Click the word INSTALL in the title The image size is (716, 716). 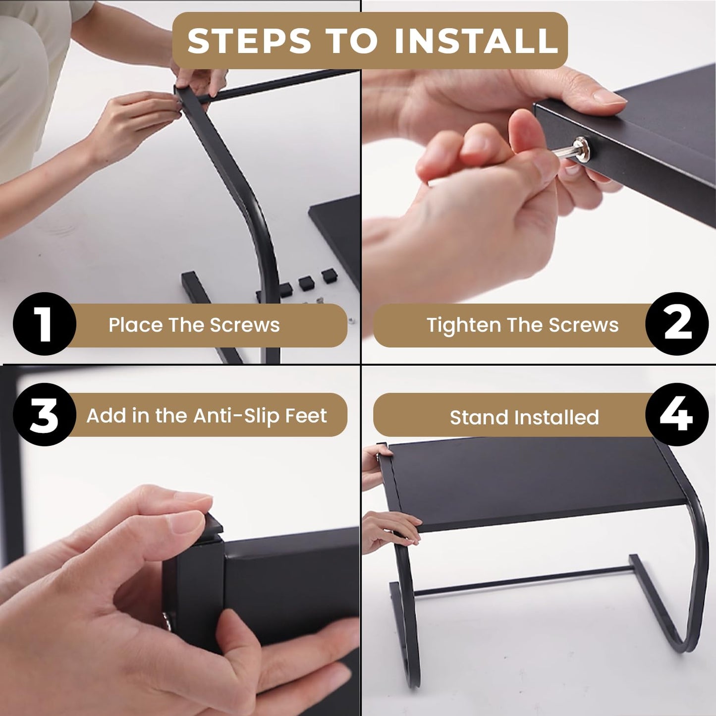tap(476, 40)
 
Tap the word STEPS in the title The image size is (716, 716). tap(249, 40)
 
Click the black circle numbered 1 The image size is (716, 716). tap(45, 324)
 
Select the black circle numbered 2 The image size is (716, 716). tap(677, 324)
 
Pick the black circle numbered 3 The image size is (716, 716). tap(45, 414)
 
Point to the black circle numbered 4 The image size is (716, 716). tap(677, 414)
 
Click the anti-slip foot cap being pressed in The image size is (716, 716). tap(213, 527)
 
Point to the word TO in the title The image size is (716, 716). tap(353, 40)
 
